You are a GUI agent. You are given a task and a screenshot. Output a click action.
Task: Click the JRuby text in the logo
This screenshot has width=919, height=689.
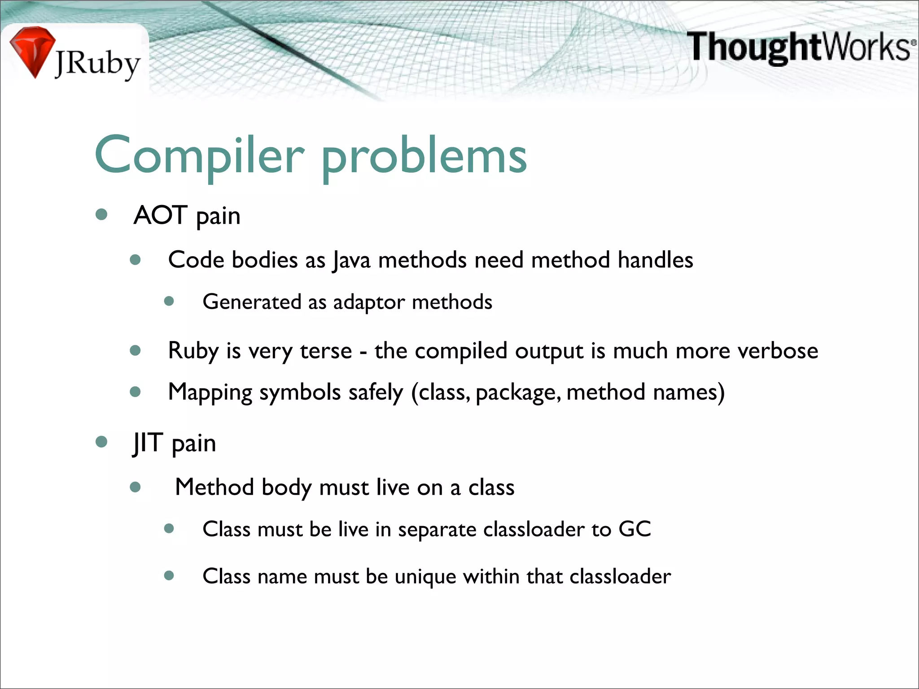97,64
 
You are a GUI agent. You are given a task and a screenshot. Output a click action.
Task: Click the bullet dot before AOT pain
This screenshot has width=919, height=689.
101,214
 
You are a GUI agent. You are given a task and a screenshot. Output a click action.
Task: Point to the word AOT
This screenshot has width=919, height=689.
160,215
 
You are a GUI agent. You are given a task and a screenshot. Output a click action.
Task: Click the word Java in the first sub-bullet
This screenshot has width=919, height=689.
351,260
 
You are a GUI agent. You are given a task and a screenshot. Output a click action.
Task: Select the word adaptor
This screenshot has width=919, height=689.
369,302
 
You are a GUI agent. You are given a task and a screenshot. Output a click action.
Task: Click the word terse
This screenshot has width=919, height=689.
326,350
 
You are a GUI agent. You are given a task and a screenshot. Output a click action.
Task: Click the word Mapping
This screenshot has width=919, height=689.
210,392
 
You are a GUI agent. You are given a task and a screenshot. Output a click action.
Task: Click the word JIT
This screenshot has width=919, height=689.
148,442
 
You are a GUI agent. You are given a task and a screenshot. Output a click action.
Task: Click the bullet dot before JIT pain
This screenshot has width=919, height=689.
101,442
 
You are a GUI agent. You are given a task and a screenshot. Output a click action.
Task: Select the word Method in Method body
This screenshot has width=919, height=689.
214,487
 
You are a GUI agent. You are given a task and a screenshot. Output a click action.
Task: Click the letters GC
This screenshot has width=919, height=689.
635,529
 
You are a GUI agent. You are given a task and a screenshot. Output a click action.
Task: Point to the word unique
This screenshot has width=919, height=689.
425,576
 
